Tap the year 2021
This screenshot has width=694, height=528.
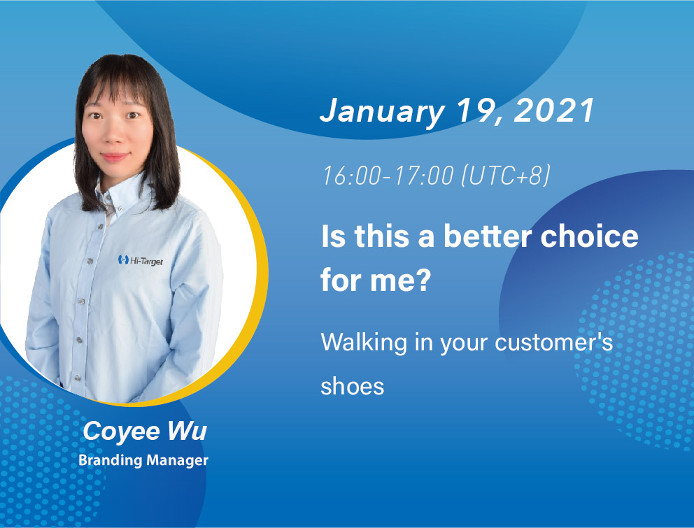pos(553,110)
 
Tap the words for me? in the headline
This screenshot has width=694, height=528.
pos(376,280)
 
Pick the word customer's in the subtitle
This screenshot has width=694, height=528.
pos(553,343)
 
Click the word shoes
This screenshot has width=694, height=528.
pos(353,386)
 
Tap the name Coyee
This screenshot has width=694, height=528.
pos(121,431)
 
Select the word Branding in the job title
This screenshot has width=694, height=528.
pos(110,461)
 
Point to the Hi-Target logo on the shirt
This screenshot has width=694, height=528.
pos(141,261)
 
